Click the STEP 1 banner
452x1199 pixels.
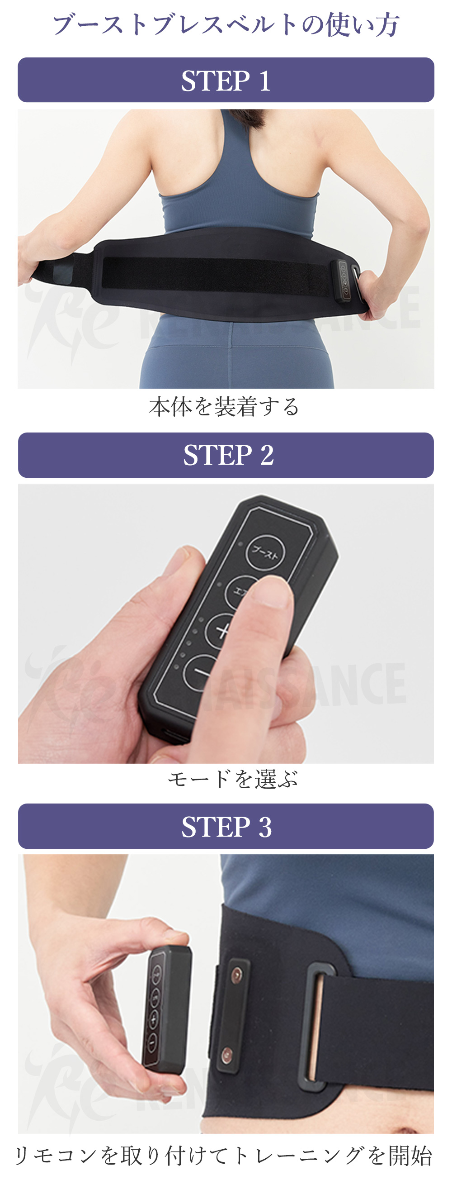(226, 80)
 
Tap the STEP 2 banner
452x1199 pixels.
(226, 455)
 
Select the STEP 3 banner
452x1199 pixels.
(226, 826)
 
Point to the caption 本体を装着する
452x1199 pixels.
(224, 406)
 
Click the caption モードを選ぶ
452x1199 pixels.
(232, 779)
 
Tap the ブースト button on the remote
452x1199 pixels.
(265, 552)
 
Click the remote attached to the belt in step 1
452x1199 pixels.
(344, 281)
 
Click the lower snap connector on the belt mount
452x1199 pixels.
(227, 1054)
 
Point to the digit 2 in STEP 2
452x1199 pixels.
(267, 455)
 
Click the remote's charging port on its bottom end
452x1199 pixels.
(173, 735)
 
